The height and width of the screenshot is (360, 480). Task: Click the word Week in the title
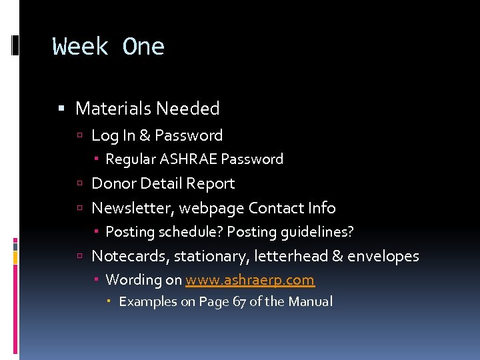(x=80, y=47)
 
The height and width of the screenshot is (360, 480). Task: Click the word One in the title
(x=143, y=47)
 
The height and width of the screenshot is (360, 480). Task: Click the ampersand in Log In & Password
(x=145, y=135)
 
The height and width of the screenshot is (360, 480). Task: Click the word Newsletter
(x=133, y=208)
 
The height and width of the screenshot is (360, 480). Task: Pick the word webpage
(x=213, y=208)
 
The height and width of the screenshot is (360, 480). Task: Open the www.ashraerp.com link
(x=250, y=280)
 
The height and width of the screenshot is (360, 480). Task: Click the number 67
(x=239, y=301)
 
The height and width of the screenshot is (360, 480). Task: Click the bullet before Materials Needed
(x=61, y=109)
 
